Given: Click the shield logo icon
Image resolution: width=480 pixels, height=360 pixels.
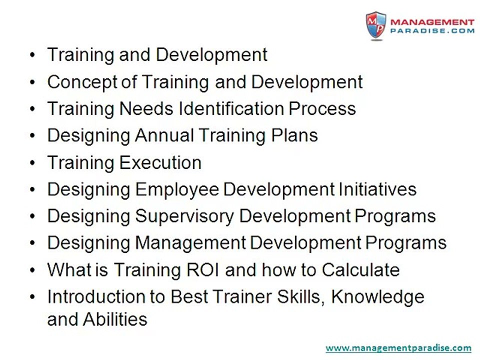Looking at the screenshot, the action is pos(376,25).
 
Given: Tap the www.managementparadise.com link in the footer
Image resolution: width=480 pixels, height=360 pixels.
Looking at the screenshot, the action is pos(398,348).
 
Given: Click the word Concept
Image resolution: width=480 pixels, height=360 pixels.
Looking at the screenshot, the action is pos(82,82).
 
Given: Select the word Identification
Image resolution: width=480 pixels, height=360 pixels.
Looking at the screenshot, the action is pos(231,108).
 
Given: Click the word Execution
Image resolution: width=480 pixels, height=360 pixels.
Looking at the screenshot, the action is pos(160,162).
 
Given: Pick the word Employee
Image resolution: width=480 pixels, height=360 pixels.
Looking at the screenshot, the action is pos(177,190).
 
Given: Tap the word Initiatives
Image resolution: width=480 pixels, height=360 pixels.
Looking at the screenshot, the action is pos(377,189).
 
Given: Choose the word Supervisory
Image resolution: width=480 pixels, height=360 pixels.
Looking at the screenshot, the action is pos(184,216).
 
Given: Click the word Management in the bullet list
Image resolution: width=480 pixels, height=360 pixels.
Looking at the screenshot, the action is pos(190,243).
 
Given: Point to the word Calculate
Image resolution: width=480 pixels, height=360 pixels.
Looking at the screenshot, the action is pos(360,270).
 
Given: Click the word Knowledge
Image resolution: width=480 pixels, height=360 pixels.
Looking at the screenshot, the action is pos(378,297).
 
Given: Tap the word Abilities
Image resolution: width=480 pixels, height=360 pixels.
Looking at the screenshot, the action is pos(115,319).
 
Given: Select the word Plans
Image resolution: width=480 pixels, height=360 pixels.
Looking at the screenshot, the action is pos(294,135).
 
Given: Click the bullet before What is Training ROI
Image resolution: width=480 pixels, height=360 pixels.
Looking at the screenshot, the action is pos(33,270).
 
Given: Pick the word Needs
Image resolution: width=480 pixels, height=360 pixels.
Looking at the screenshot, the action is pos(146,108).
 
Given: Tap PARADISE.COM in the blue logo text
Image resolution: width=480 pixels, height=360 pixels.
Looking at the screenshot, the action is pos(432,30).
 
